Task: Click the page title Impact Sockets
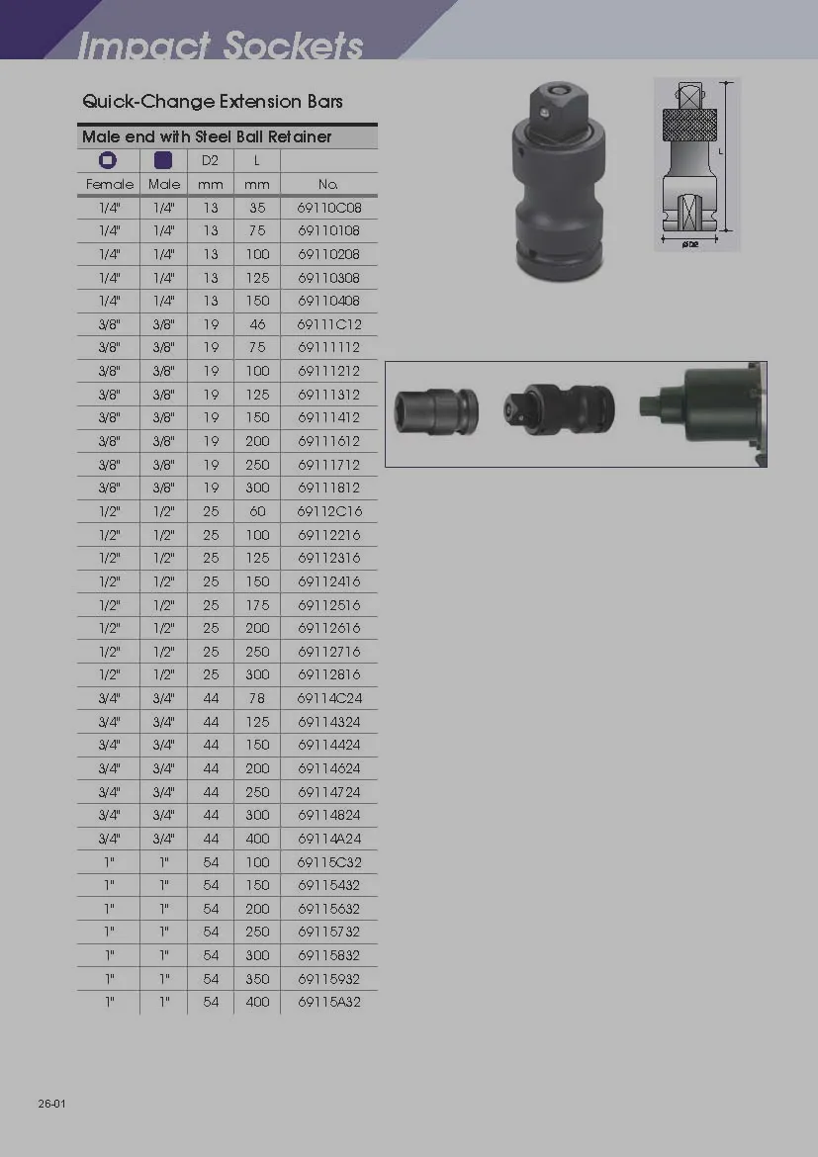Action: pyautogui.click(x=220, y=44)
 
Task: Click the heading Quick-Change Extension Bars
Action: pyautogui.click(x=213, y=101)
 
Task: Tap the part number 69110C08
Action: pyautogui.click(x=329, y=208)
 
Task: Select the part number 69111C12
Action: pyautogui.click(x=329, y=324)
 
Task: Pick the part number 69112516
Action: pyautogui.click(x=329, y=604)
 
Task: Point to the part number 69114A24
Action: pyautogui.click(x=329, y=839)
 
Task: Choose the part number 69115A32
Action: pyautogui.click(x=329, y=1002)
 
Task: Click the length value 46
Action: pyautogui.click(x=257, y=324)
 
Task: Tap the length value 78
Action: pyautogui.click(x=257, y=698)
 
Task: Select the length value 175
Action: pyautogui.click(x=257, y=604)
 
